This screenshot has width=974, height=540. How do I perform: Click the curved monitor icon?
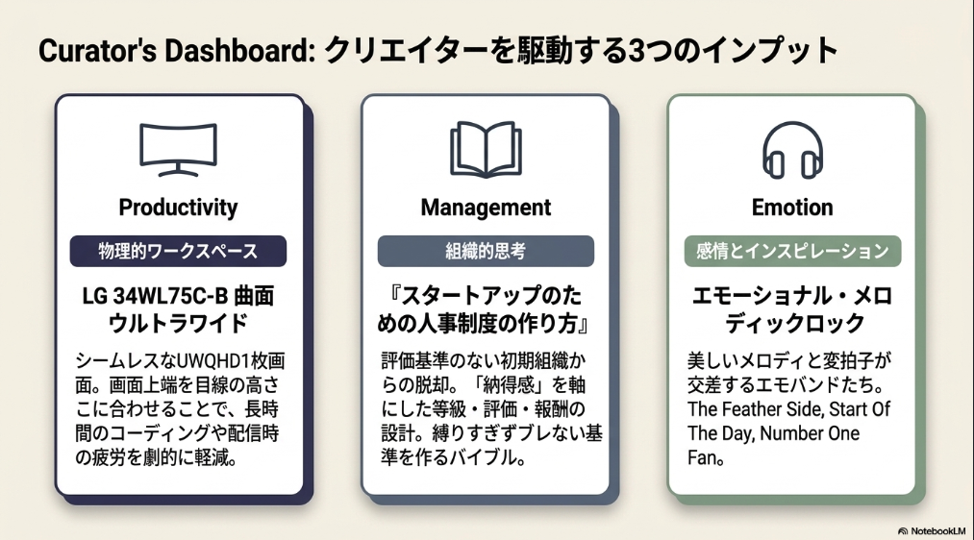tap(178, 127)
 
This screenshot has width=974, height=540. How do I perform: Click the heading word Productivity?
tap(178, 208)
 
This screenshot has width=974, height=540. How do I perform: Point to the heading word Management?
tap(486, 208)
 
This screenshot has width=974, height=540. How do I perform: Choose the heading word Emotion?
tap(792, 208)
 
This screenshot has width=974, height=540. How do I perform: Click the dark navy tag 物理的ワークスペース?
tap(178, 252)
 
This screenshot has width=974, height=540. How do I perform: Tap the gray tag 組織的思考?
tap(486, 252)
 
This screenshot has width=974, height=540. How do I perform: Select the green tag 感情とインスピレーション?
tap(792, 252)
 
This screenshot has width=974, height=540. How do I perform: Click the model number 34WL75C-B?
tap(170, 297)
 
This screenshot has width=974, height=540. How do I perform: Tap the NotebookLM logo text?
tap(938, 531)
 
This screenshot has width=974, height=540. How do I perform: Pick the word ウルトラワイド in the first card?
tap(178, 324)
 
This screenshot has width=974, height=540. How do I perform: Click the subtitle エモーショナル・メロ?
tap(792, 296)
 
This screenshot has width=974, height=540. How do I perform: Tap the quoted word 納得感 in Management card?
tap(510, 385)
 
